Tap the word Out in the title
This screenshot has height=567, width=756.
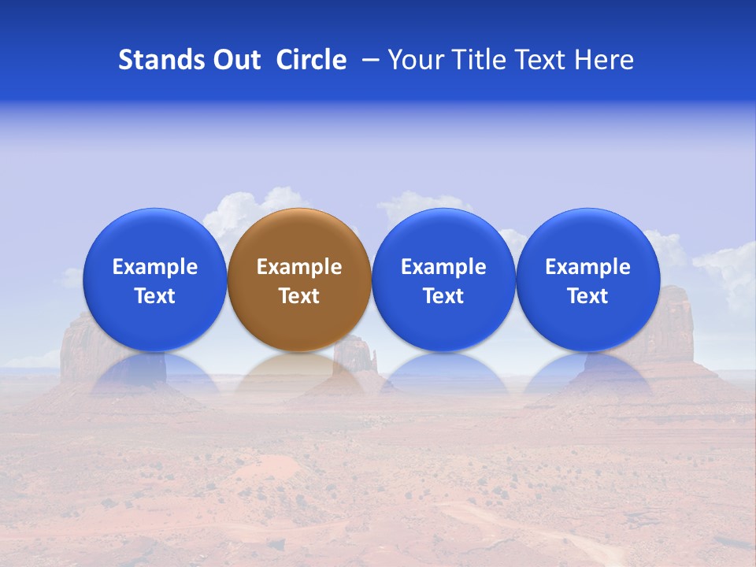pyautogui.click(x=235, y=60)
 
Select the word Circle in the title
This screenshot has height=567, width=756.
pyautogui.click(x=311, y=60)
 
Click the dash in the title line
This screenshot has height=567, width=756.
pyautogui.click(x=367, y=61)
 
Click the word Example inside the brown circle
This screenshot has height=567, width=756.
pyautogui.click(x=299, y=267)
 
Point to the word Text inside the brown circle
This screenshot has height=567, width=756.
pyautogui.click(x=299, y=296)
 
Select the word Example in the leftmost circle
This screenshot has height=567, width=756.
pyautogui.click(x=154, y=267)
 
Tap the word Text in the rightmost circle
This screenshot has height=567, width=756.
pyautogui.click(x=588, y=296)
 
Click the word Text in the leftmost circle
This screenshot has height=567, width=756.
pyautogui.click(x=154, y=296)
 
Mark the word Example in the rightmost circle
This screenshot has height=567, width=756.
pyautogui.click(x=588, y=267)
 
